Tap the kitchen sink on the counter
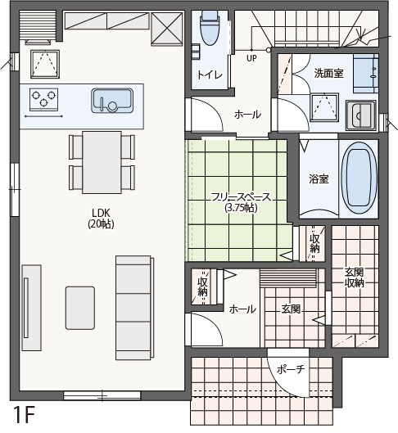point(112,101)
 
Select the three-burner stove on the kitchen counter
point(43,99)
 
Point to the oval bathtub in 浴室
point(359,178)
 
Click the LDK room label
point(101,219)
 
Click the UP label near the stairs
point(251,58)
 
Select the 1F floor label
point(24,416)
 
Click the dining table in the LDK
point(102,162)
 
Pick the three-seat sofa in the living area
point(134,308)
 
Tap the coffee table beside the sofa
point(80,308)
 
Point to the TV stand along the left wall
point(31,308)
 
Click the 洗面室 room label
point(328,73)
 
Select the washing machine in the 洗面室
point(360,115)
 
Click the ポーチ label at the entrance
point(291,369)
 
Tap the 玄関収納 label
point(354,277)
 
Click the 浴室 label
point(319,179)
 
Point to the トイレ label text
point(210,74)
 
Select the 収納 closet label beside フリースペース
point(314,243)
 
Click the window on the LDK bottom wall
point(102,395)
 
